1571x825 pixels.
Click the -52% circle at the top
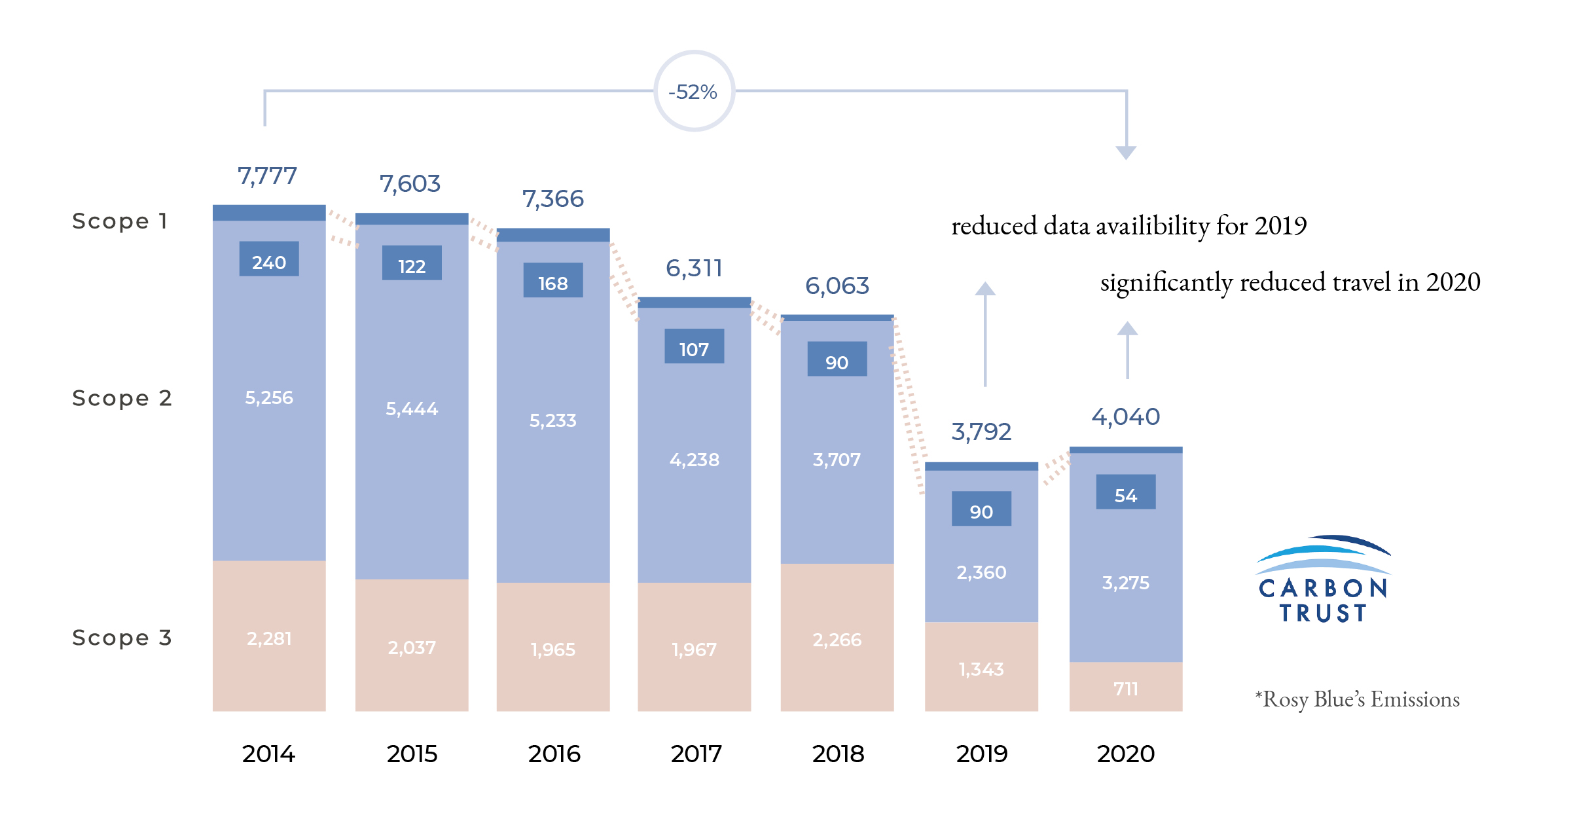click(694, 92)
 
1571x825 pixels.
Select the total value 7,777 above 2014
click(267, 175)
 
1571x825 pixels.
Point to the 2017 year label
click(696, 754)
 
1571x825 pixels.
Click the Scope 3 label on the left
click(122, 637)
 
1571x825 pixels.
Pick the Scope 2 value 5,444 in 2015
click(412, 409)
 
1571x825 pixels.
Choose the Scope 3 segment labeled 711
click(1126, 688)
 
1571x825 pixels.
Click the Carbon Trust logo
click(1323, 580)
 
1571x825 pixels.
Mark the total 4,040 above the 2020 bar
click(1125, 416)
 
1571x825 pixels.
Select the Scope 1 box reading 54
click(1126, 492)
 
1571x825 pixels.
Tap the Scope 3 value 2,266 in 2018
click(837, 639)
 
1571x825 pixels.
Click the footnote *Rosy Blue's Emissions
click(1357, 699)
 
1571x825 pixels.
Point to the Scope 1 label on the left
click(120, 221)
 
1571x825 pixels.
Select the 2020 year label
click(1126, 754)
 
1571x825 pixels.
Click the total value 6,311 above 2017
click(694, 268)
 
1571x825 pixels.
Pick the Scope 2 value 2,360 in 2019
click(981, 572)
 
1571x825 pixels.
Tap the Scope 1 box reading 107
click(694, 346)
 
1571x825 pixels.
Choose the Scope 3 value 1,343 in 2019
click(981, 669)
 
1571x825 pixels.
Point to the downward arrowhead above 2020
click(1126, 153)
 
